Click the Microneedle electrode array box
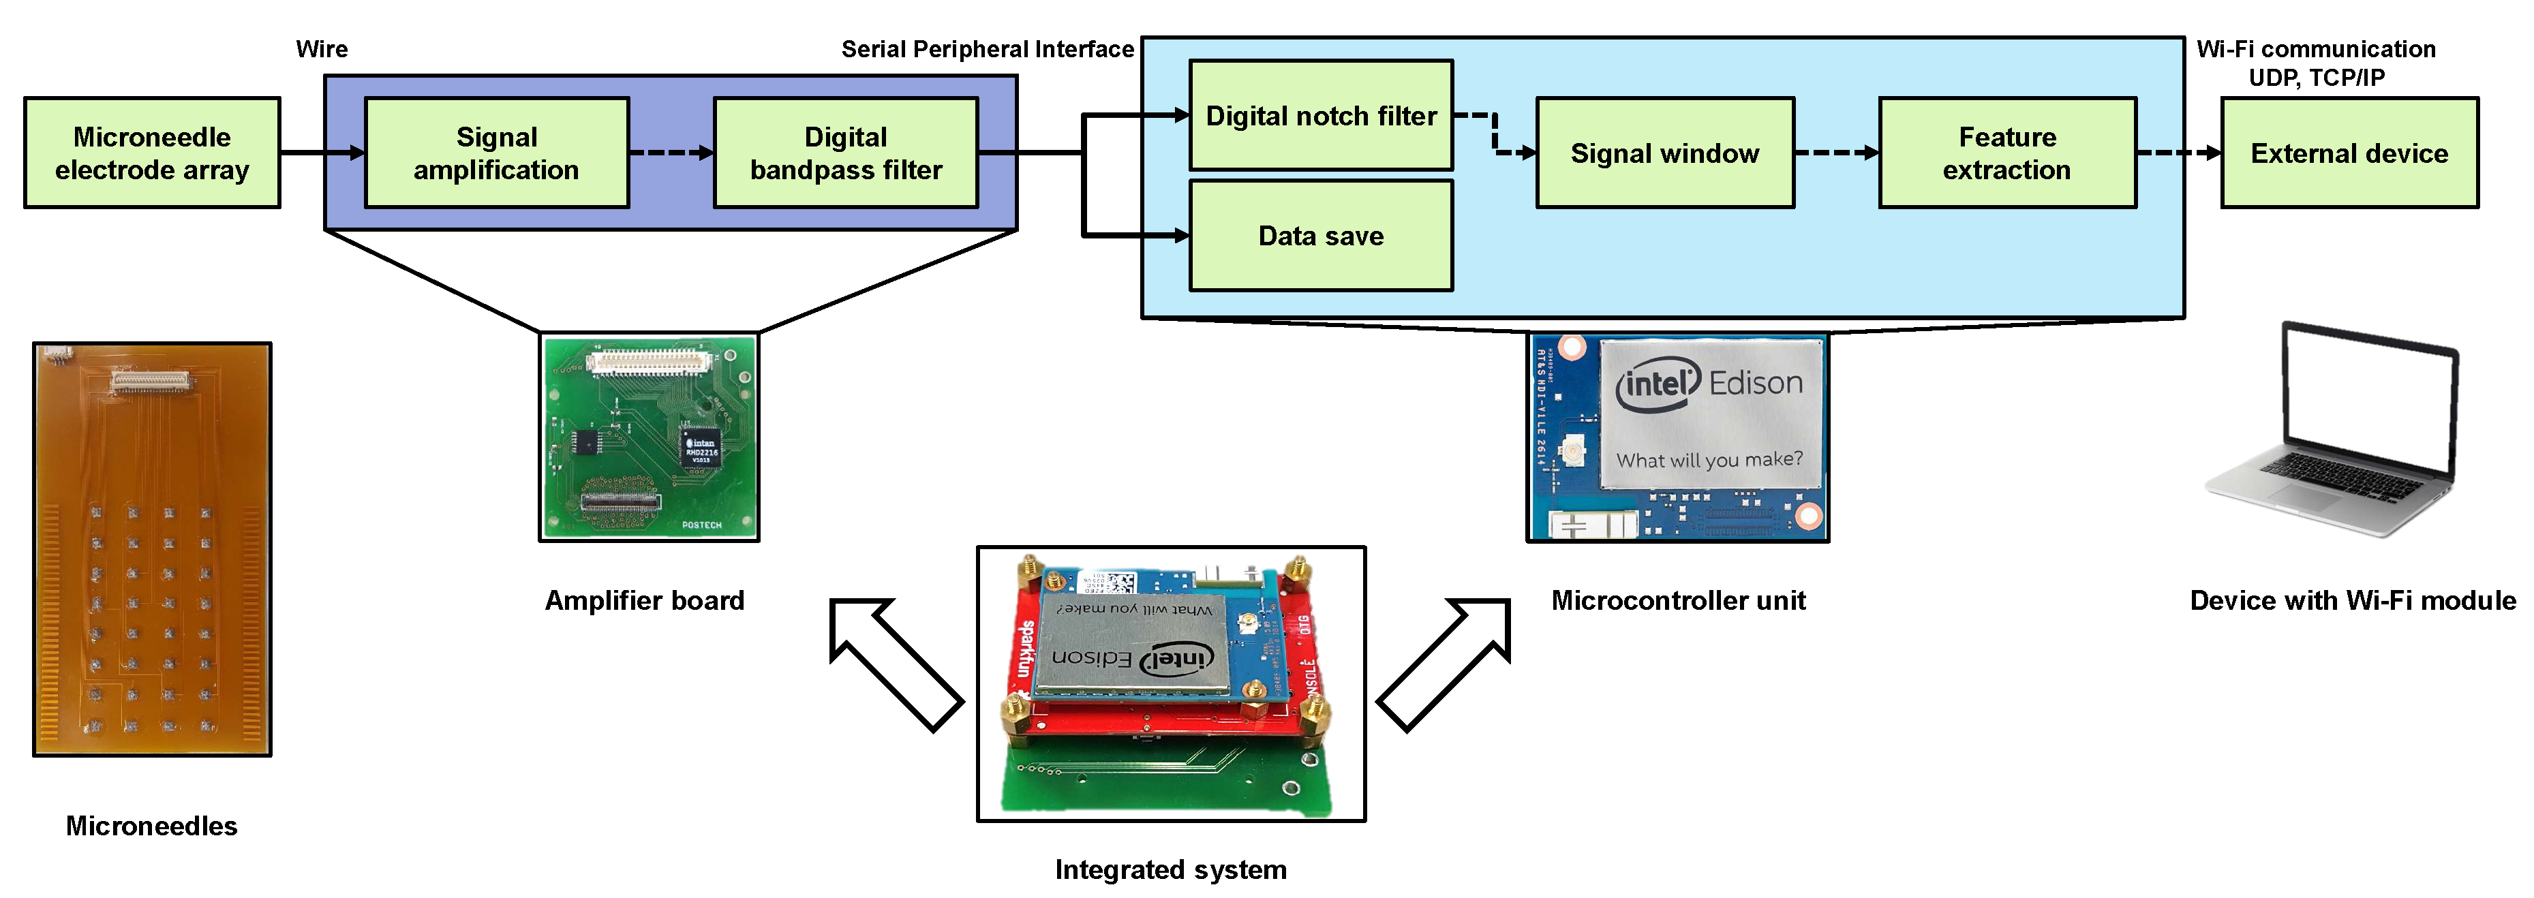pyautogui.click(x=153, y=153)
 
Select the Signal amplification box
pyautogui.click(x=497, y=153)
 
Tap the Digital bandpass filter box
pyautogui.click(x=846, y=153)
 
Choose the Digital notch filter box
pyautogui.click(x=1321, y=115)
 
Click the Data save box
pyautogui.click(x=1321, y=236)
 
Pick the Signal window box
pyautogui.click(x=1664, y=153)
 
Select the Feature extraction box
pyautogui.click(x=2006, y=153)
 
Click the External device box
pyautogui.click(x=2349, y=153)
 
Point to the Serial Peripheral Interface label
pyautogui.click(x=988, y=49)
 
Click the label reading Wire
pyautogui.click(x=322, y=49)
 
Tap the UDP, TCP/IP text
pyautogui.click(x=2317, y=78)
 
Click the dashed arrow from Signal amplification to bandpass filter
pyautogui.click(x=671, y=153)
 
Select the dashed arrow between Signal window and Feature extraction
pyautogui.click(x=1835, y=153)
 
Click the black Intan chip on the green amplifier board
pyautogui.click(x=701, y=448)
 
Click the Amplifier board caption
pyautogui.click(x=644, y=600)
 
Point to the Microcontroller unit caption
pyautogui.click(x=1678, y=600)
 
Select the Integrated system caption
pyautogui.click(x=1171, y=869)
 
